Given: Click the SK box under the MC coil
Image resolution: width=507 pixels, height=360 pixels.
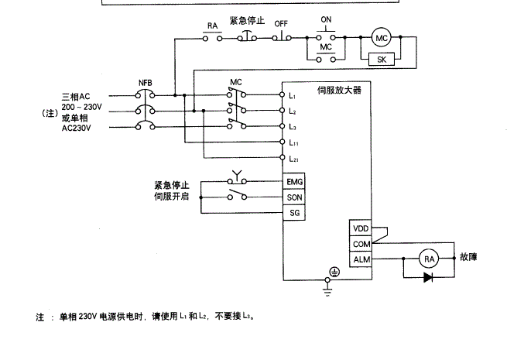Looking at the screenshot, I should tap(381, 59).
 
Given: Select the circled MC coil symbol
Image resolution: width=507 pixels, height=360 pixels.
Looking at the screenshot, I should tap(380, 38).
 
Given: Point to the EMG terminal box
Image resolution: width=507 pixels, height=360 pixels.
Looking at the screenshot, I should tap(294, 182).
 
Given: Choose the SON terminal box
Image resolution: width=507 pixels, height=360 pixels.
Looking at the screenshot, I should tap(294, 197).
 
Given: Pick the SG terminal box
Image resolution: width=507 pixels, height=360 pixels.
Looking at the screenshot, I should tap(294, 212).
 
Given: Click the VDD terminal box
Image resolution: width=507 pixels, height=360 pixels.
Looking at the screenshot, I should tap(361, 228).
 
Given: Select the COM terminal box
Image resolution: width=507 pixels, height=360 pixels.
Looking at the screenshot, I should tap(361, 244).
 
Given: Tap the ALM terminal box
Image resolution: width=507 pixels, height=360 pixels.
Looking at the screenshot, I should tap(361, 259).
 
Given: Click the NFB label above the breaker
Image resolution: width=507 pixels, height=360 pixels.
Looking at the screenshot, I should tap(146, 81).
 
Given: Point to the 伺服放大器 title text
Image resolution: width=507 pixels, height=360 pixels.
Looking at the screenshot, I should tap(339, 90).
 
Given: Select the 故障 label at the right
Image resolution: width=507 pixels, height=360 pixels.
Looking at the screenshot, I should tap(468, 257).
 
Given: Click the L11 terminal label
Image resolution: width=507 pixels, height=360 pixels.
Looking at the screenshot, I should tap(294, 143).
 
